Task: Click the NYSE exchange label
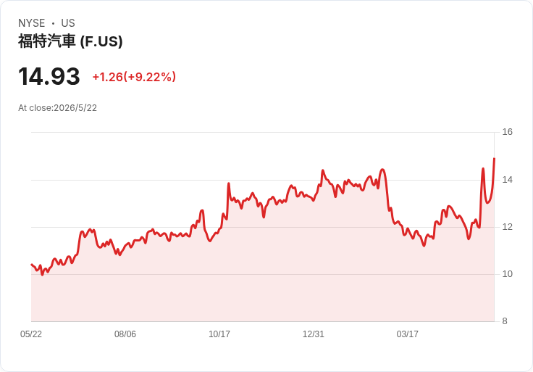coord(32,23)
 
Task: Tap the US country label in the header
coord(68,23)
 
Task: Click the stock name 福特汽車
coord(46,41)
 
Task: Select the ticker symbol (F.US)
coord(101,42)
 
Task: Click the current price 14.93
coord(49,76)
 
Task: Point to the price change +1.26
coord(107,77)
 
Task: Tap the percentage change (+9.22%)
coord(150,77)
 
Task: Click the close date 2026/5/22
coord(75,108)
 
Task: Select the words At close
coord(35,108)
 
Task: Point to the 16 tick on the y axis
coord(507,132)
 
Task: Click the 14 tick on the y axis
coord(507,180)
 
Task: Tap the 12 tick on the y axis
coord(507,227)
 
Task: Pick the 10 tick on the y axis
coord(507,274)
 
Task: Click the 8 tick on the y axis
coord(505,321)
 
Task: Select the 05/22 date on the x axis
coord(31,334)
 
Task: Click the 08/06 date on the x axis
coord(125,334)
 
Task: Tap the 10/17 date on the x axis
coord(219,334)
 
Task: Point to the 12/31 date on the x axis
coord(314,334)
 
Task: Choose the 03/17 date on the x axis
coord(407,334)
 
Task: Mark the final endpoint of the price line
coord(494,159)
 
